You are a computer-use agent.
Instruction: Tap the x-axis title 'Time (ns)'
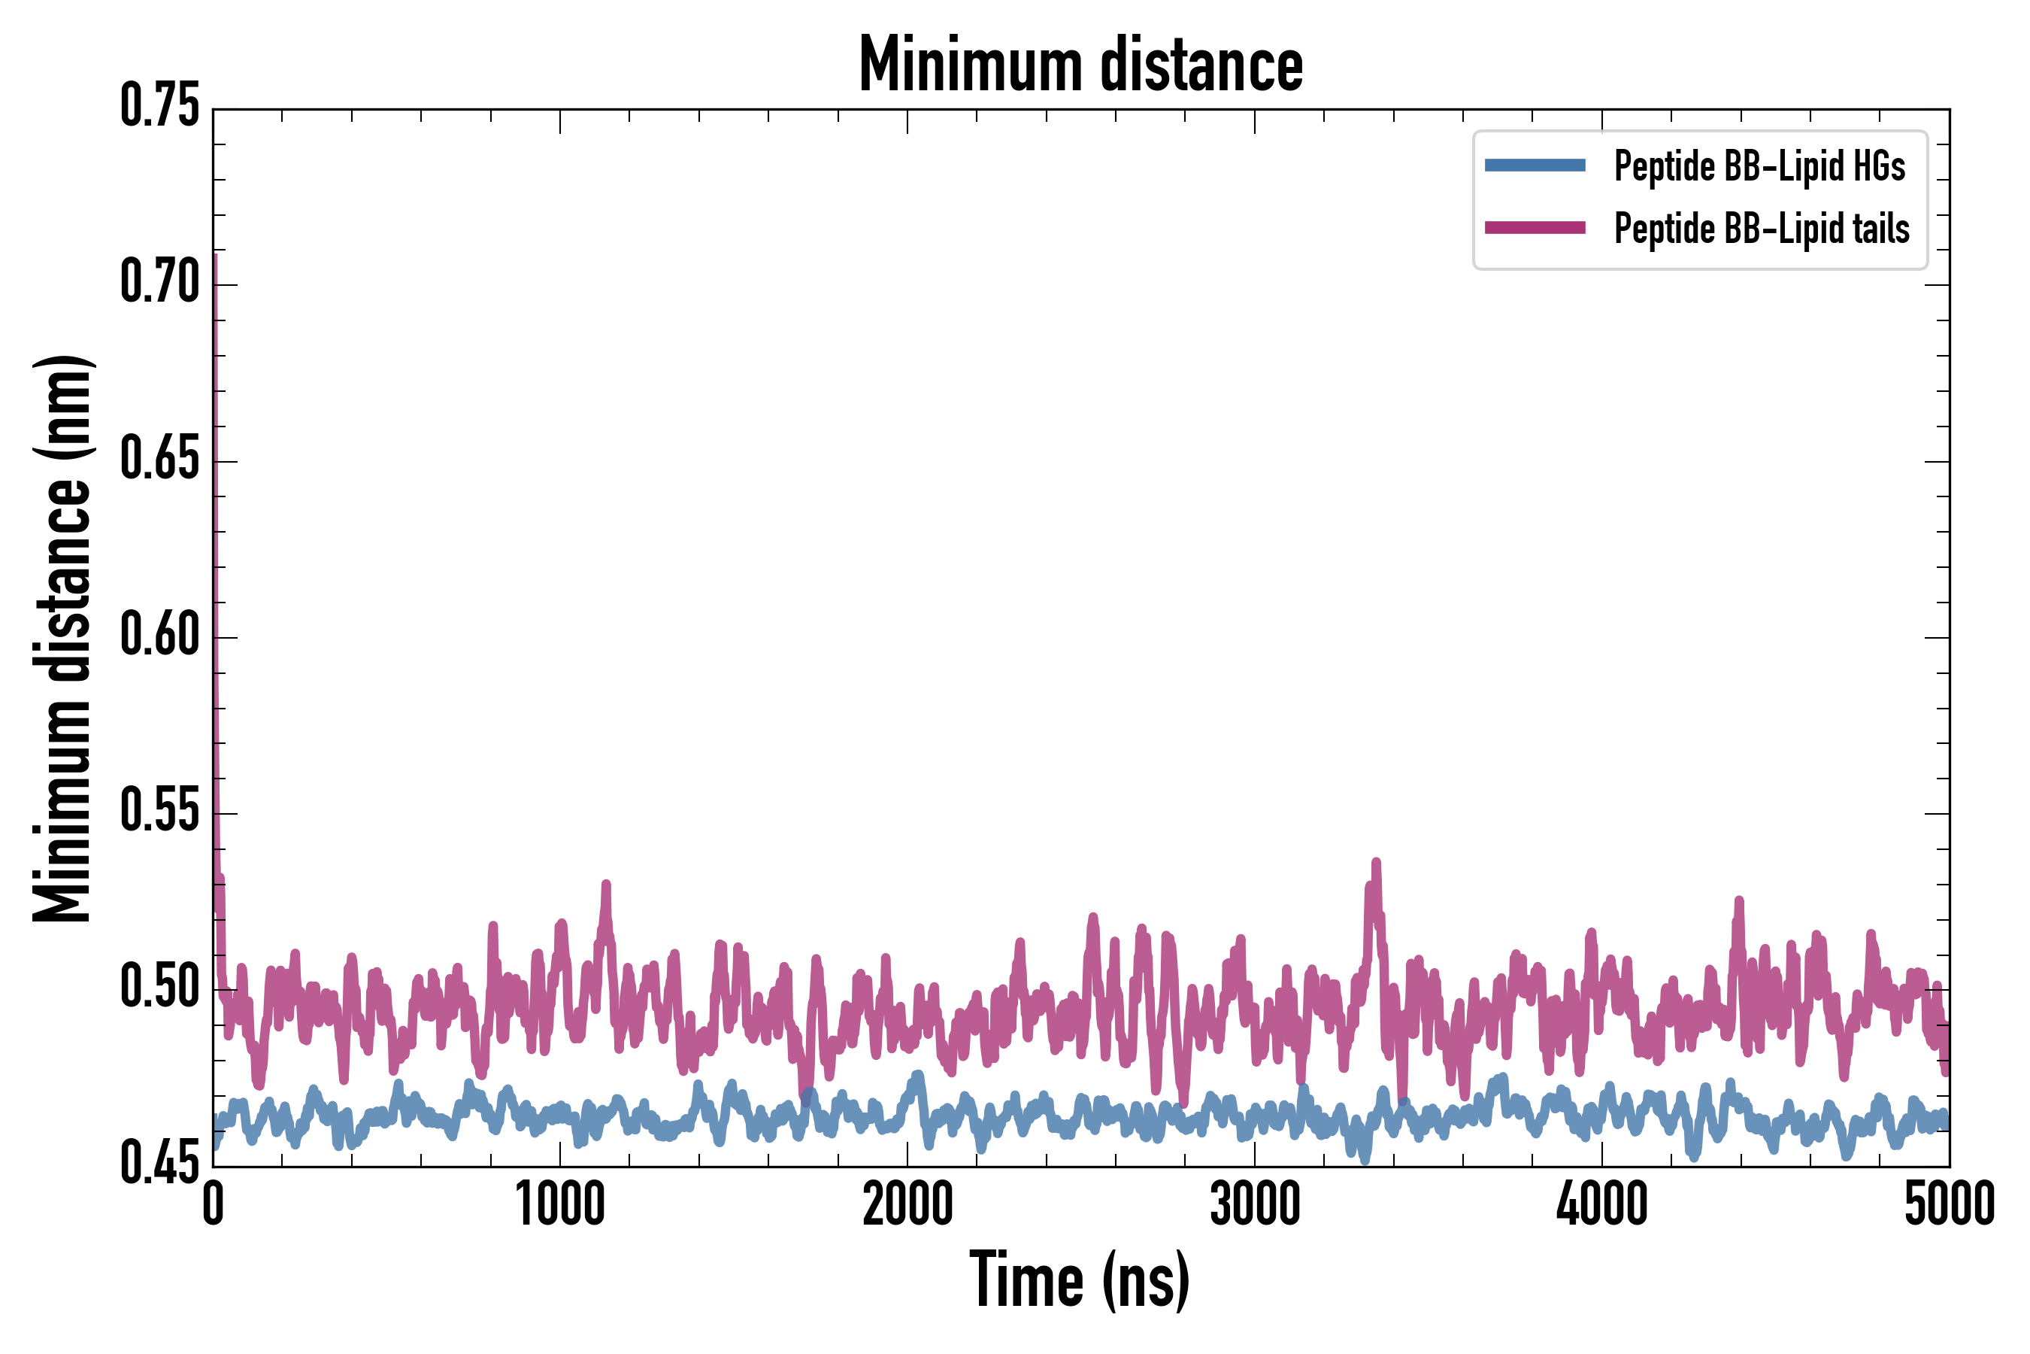click(x=1080, y=1280)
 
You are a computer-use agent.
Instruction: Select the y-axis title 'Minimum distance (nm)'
click(x=62, y=638)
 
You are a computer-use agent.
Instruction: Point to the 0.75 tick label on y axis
click(x=159, y=106)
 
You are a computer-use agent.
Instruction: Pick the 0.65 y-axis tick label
click(x=159, y=459)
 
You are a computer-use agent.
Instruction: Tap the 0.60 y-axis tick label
click(x=159, y=636)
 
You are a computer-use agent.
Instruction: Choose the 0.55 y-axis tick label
click(x=159, y=812)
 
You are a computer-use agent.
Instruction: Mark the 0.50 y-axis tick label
click(x=159, y=988)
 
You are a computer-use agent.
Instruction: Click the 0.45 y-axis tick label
click(x=159, y=1164)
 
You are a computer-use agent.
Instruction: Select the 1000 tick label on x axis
click(x=560, y=1204)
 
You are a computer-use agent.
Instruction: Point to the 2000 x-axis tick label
click(x=907, y=1204)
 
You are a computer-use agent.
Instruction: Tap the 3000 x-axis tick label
click(x=1254, y=1204)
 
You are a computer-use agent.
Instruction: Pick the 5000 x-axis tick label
click(x=1949, y=1204)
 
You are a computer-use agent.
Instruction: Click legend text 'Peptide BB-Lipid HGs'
click(x=1759, y=165)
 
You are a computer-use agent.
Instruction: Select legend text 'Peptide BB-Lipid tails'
click(x=1762, y=229)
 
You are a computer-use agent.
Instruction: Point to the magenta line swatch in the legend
click(x=1535, y=228)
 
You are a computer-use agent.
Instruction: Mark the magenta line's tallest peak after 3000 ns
click(x=1376, y=863)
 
